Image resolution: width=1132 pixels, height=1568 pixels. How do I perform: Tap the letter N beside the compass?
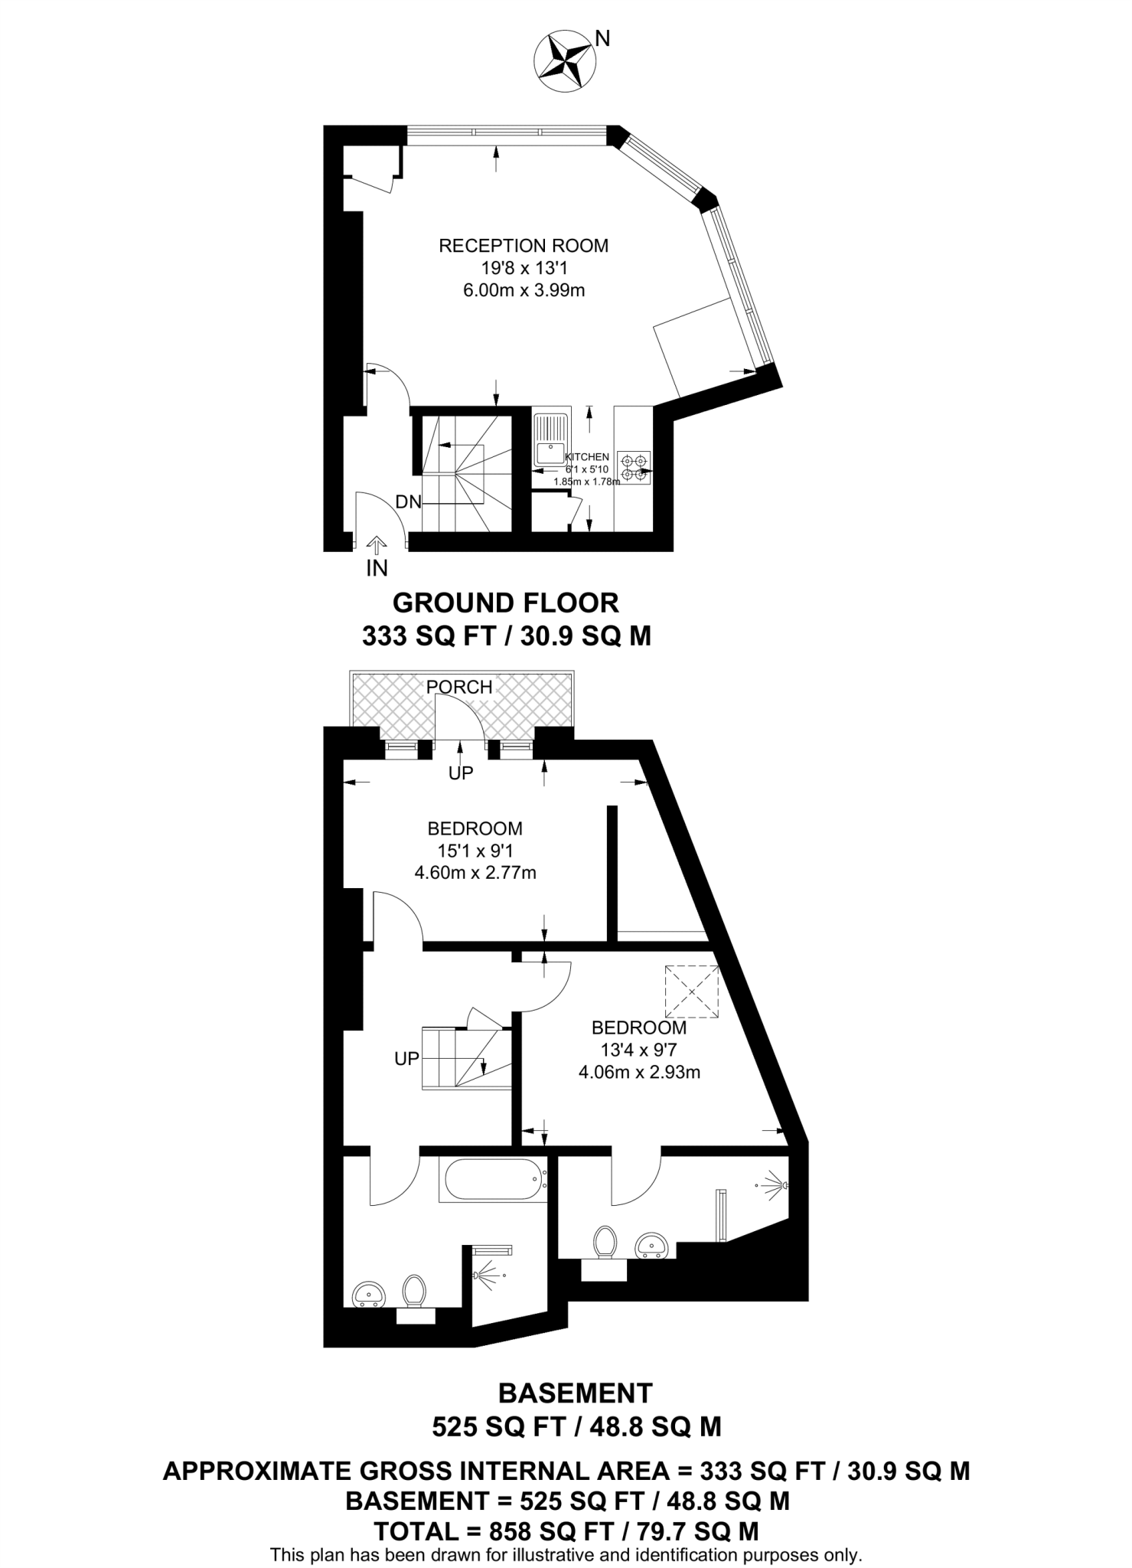tap(603, 38)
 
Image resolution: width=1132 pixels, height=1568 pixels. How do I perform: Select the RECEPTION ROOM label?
tap(524, 246)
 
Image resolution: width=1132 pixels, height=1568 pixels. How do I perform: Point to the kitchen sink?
tap(550, 439)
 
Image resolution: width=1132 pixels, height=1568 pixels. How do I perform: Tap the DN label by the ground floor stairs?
tap(409, 502)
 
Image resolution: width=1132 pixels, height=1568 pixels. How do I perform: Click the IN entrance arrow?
tap(377, 545)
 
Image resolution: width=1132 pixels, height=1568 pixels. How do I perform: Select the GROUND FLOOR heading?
tap(505, 603)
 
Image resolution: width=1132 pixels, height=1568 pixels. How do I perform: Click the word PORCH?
tap(459, 687)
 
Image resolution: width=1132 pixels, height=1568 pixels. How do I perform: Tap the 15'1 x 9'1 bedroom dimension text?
tap(475, 850)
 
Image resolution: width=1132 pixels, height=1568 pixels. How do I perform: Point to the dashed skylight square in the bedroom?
tap(692, 991)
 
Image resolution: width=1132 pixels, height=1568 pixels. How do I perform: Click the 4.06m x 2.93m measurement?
tap(639, 1072)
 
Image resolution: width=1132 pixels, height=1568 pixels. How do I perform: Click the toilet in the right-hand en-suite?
tap(605, 1241)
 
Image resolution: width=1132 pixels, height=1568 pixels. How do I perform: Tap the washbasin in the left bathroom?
tap(370, 1295)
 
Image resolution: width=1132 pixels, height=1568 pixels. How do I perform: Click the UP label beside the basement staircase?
tap(406, 1059)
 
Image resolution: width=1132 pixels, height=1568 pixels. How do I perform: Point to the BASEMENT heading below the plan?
tap(576, 1392)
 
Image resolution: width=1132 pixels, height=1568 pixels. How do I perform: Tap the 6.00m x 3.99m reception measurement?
tap(524, 290)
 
